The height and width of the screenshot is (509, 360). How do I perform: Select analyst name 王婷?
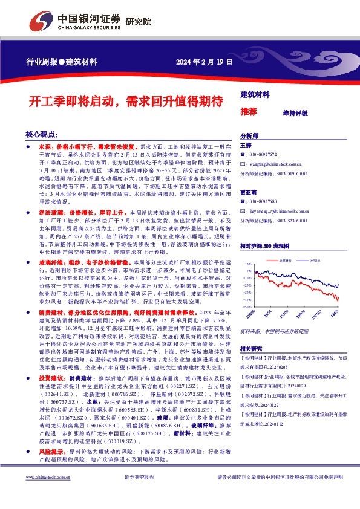[246, 146]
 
